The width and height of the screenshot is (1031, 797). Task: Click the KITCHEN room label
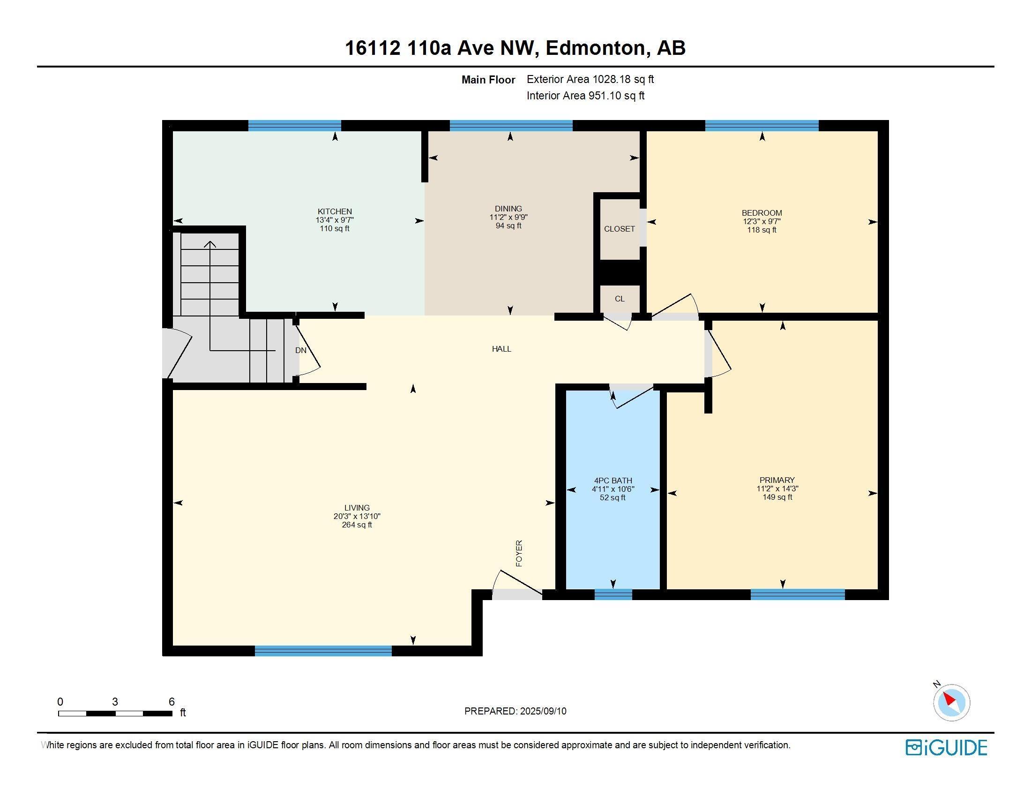334,211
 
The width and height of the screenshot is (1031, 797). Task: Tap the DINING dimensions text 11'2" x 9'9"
508,217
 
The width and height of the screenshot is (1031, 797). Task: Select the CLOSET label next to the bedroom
619,229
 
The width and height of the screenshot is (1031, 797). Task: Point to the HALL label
501,349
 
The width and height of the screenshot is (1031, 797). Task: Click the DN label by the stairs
301,350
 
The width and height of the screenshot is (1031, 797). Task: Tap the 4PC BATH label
613,481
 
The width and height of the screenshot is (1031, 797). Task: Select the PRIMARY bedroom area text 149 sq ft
777,497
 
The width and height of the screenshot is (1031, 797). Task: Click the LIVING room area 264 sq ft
357,525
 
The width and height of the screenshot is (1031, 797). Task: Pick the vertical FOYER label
519,553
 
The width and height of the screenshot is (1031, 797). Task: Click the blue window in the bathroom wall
613,594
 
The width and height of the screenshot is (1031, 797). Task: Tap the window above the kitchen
295,126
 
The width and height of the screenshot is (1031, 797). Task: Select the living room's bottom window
323,651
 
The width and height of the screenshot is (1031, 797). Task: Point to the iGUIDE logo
946,747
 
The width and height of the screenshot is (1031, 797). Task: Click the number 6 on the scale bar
172,702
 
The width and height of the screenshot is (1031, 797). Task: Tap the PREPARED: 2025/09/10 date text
515,711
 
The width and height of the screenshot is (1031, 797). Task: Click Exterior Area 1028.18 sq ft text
590,79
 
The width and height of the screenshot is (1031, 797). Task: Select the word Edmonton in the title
595,48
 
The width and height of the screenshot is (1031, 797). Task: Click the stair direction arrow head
210,244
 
